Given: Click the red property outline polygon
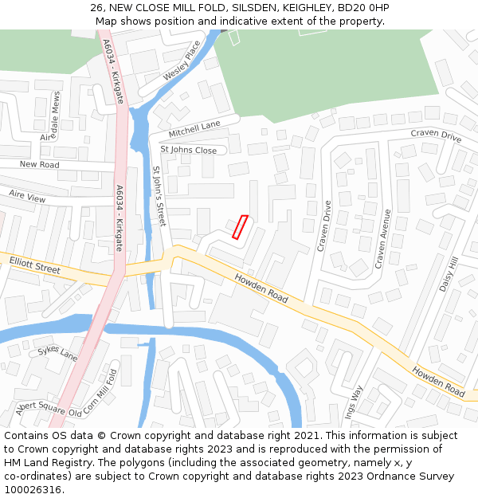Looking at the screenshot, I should [239, 227].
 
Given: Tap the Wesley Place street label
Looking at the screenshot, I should [182, 61].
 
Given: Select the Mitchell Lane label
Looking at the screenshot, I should [194, 128].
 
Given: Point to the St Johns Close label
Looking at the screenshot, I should [189, 150].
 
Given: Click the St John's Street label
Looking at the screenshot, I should [158, 196].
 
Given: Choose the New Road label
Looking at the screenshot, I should [40, 164].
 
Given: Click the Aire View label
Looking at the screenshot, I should [28, 195].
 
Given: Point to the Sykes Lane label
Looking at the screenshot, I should [58, 353].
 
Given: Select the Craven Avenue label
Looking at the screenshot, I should [383, 237].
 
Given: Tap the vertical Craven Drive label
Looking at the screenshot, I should [324, 225].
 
